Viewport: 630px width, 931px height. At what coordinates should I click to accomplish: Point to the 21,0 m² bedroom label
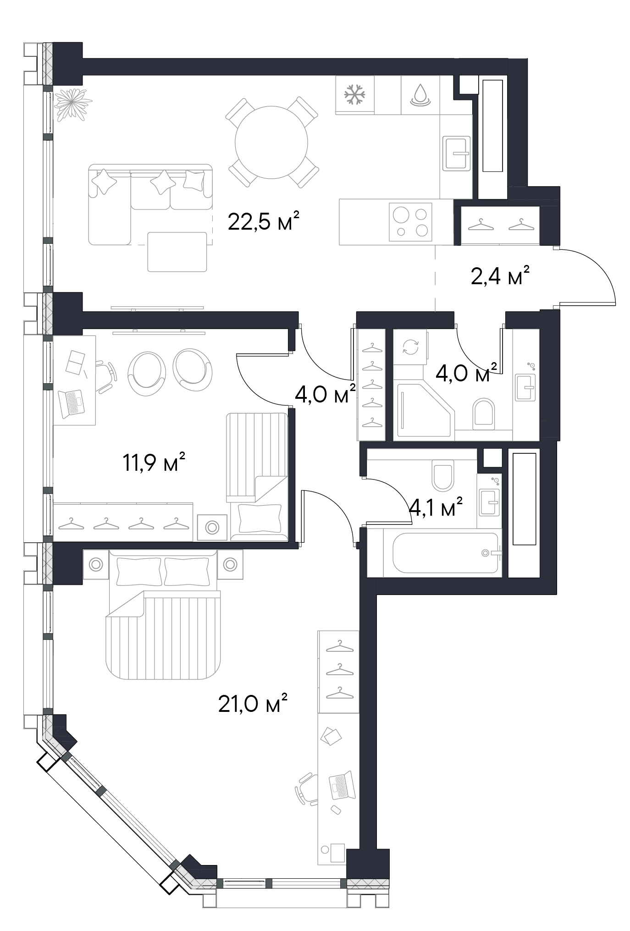click(253, 703)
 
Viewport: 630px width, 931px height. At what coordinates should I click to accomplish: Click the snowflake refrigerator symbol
click(355, 95)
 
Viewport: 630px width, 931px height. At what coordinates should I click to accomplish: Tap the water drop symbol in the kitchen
click(420, 95)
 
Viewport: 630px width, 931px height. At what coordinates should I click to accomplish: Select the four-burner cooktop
click(410, 222)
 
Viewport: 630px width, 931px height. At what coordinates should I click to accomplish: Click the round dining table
click(271, 142)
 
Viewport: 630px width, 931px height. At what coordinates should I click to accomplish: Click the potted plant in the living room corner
click(72, 104)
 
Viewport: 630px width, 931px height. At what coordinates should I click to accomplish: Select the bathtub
click(445, 553)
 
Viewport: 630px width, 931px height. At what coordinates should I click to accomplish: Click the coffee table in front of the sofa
click(177, 252)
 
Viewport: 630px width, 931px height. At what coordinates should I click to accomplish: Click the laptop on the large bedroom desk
click(342, 786)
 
